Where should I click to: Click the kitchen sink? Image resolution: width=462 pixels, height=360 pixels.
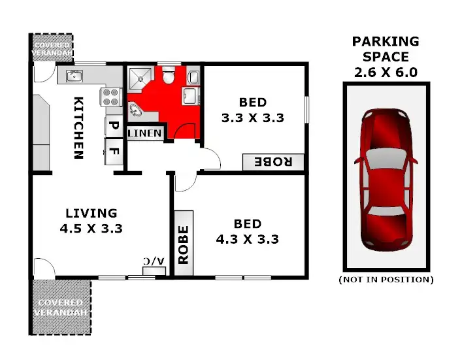73,76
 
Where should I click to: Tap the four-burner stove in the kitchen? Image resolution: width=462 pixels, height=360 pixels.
110,97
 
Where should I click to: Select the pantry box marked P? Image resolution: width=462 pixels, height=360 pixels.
112,125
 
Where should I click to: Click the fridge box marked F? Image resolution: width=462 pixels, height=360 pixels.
113,152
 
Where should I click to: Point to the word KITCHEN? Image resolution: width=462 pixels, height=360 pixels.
78,128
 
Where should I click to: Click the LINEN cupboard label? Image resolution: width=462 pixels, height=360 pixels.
144,133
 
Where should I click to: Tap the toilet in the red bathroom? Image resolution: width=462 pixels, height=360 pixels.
169,78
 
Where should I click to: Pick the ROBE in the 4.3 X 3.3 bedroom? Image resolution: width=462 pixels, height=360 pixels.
184,244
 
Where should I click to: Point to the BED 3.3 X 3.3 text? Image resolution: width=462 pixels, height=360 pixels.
252,110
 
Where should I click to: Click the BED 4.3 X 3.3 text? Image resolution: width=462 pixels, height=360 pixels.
247,231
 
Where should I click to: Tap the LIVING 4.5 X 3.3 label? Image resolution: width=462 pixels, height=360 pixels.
91,221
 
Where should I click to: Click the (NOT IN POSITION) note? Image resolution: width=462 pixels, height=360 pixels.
386,280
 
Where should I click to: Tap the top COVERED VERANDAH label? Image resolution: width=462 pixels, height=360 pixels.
52,48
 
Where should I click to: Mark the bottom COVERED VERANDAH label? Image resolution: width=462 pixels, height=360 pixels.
60,306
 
